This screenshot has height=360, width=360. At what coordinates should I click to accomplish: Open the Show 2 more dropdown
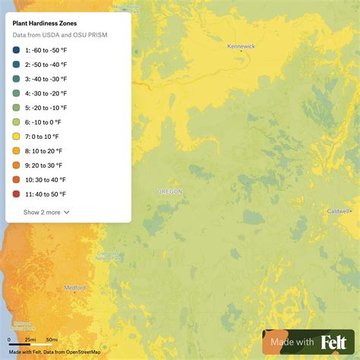(x=46, y=213)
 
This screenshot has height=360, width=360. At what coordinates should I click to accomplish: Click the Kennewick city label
(x=242, y=46)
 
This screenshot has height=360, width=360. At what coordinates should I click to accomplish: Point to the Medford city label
(x=74, y=288)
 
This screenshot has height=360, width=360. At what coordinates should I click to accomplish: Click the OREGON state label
(x=169, y=192)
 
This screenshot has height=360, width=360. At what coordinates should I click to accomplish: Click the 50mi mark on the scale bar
(x=52, y=339)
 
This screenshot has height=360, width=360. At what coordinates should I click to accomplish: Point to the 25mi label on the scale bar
(x=30, y=339)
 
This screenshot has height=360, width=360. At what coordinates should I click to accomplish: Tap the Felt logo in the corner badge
(x=333, y=343)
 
